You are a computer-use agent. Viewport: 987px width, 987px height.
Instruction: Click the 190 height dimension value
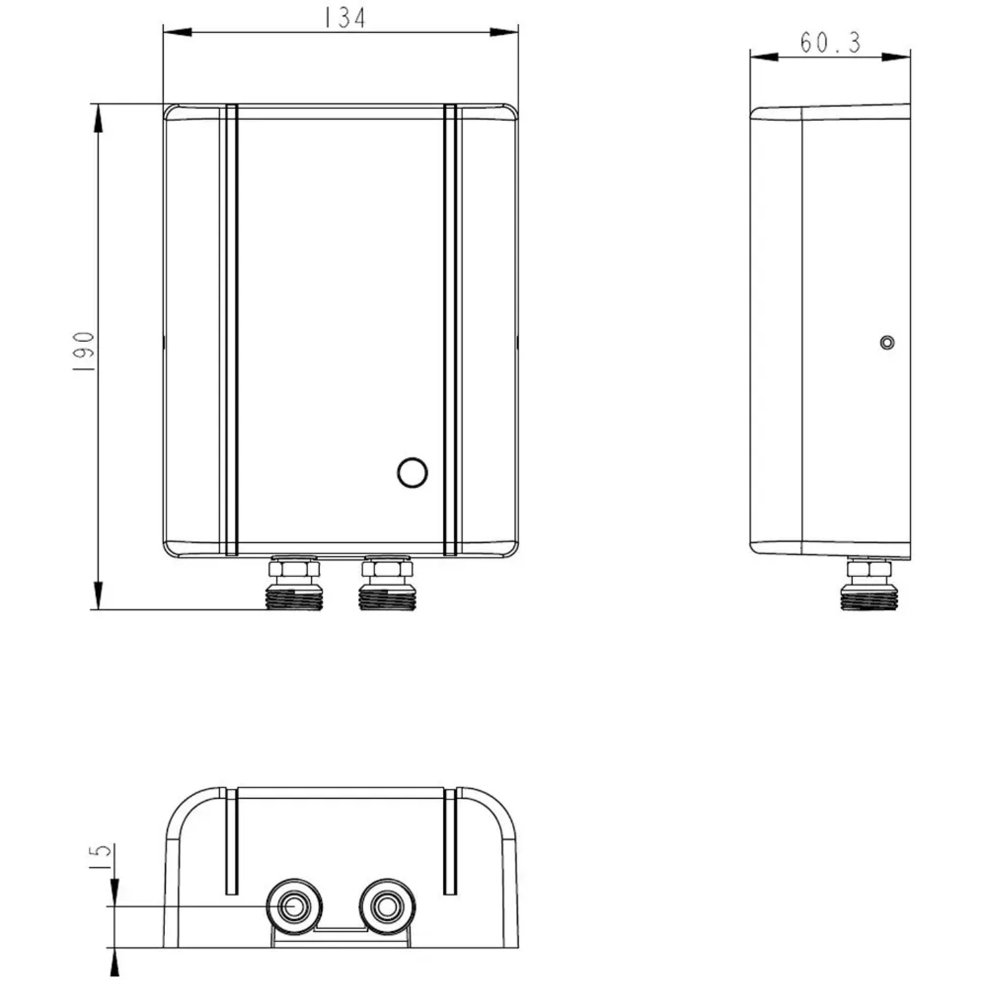(84, 352)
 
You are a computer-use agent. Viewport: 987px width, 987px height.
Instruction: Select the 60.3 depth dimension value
(830, 43)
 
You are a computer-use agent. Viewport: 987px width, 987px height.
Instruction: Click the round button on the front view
(413, 472)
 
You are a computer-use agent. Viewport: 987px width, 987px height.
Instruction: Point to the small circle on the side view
(887, 343)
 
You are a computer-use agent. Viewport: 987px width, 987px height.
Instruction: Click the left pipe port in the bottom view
(293, 907)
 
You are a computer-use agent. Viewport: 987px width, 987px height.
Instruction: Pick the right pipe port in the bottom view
(387, 907)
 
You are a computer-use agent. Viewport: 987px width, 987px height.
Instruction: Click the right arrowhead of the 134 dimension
(504, 32)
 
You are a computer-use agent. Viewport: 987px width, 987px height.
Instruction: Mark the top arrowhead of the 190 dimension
(99, 119)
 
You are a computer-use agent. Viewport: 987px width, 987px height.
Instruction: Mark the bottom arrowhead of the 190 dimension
(99, 595)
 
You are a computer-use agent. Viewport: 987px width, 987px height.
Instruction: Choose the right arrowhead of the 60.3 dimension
(896, 57)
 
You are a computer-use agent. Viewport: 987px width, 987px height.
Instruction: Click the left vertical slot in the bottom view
(231, 842)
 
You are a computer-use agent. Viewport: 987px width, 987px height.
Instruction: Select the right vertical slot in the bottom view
(450, 842)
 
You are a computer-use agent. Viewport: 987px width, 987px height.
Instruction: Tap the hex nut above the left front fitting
(293, 567)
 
